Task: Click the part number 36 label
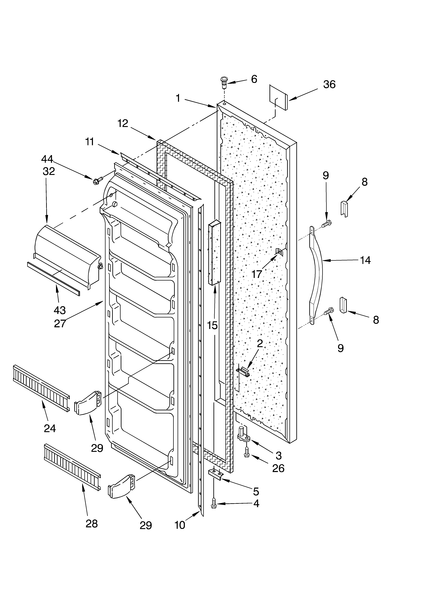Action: tap(329, 84)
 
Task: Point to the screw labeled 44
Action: tap(96, 181)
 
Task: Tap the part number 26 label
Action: tap(278, 468)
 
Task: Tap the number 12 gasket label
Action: tap(123, 123)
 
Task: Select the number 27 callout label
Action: tap(60, 323)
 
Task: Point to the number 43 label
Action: tap(60, 310)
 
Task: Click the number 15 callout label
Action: tap(212, 325)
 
